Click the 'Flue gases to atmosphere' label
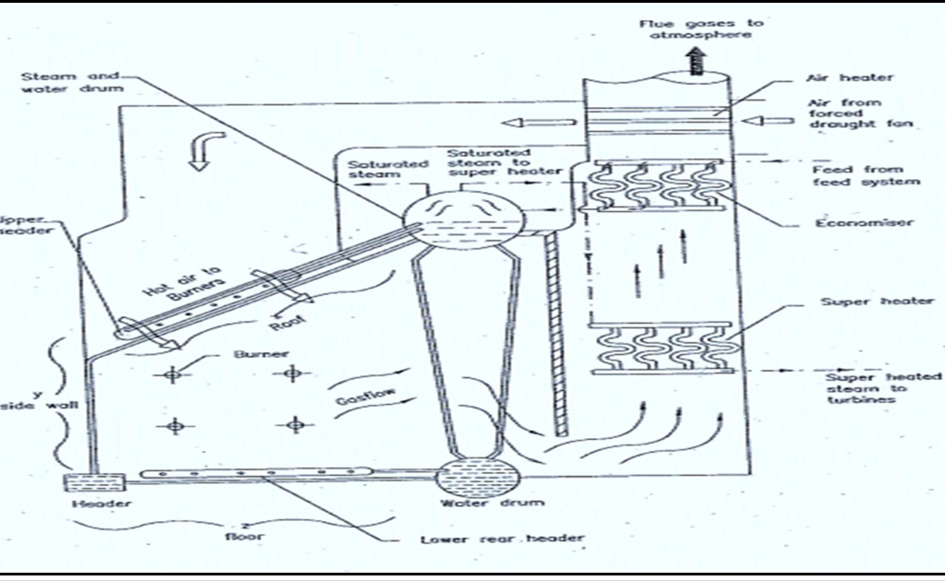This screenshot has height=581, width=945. coord(693,28)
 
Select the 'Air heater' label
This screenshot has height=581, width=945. coord(837,78)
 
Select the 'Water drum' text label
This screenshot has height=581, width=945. coord(480,504)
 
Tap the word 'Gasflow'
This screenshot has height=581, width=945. coord(362,398)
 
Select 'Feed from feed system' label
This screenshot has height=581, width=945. coord(866,175)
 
